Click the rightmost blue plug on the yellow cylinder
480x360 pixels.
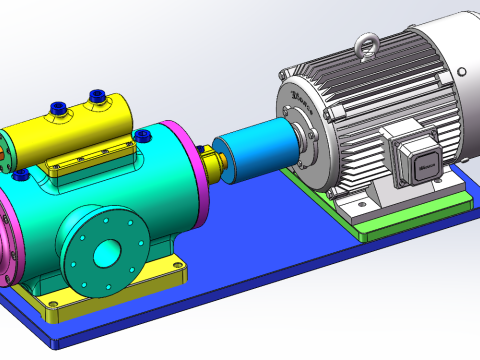[98, 96]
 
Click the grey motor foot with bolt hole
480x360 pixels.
[360, 205]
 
